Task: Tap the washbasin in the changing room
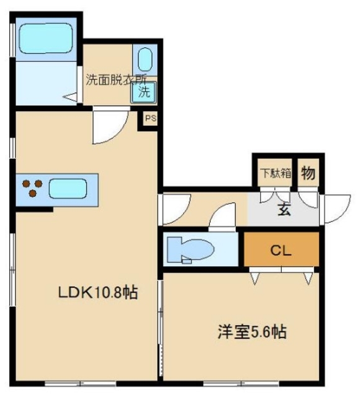coord(145,61)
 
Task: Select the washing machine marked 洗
coord(143,93)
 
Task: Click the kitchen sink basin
coord(68,188)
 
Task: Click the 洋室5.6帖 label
coord(251,332)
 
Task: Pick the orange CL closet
coord(281,251)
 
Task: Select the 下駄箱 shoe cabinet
coord(274,173)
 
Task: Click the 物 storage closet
coord(307,173)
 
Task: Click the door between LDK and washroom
coord(106,126)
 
